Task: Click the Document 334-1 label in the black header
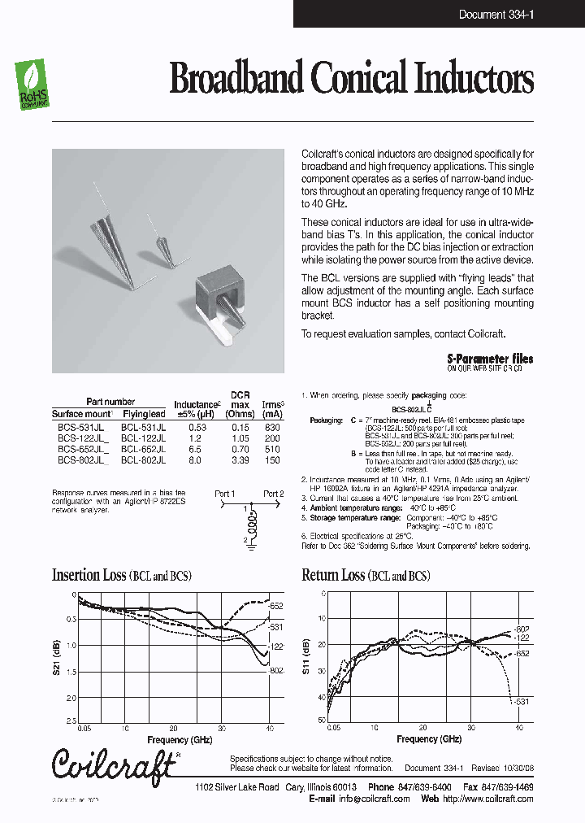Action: tap(495, 14)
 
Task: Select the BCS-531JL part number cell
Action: tap(80, 427)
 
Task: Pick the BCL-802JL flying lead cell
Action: tap(143, 459)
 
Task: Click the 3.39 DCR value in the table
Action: tap(240, 459)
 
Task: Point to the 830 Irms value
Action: tap(272, 427)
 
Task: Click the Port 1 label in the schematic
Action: tap(224, 494)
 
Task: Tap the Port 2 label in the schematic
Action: tap(274, 494)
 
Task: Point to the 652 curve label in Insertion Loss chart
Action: tap(275, 606)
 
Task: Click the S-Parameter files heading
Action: tap(490, 358)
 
